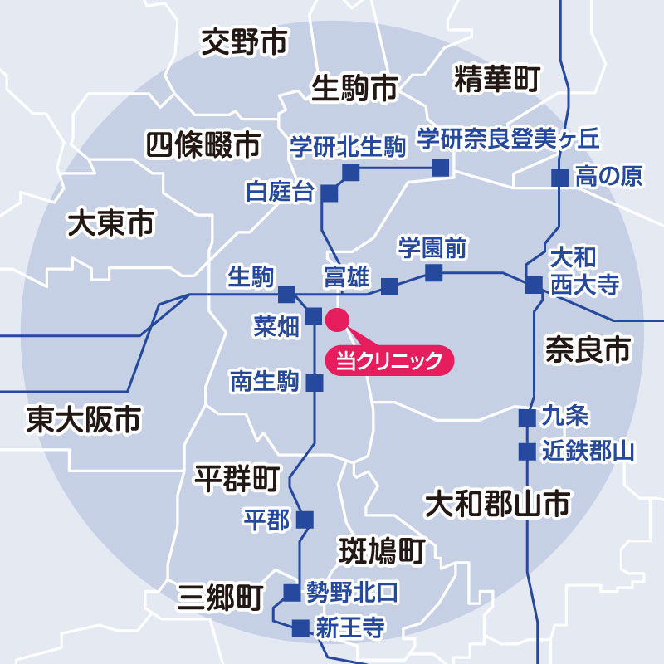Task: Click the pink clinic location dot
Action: [x=338, y=319]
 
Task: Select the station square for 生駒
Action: [x=286, y=294]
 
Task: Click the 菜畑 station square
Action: [x=314, y=316]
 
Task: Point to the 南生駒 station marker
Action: [x=315, y=383]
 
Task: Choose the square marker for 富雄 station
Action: [x=389, y=287]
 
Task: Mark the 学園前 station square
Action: [x=433, y=272]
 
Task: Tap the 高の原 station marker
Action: [x=560, y=178]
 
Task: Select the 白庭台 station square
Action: [x=330, y=193]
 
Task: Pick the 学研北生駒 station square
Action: [x=351, y=172]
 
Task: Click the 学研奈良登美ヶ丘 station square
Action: [x=440, y=168]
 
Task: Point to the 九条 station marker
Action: [x=526, y=417]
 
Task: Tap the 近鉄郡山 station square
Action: [x=526, y=452]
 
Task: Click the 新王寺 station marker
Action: [x=300, y=627]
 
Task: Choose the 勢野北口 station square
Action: [x=291, y=593]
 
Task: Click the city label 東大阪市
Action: [x=83, y=419]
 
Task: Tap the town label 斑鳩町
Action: [x=382, y=549]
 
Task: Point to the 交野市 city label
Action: [x=244, y=44]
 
